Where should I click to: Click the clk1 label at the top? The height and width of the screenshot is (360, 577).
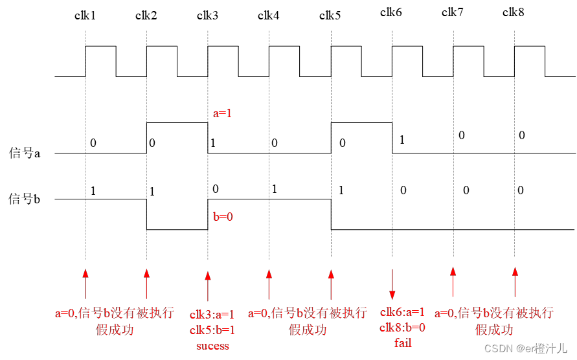[85, 16]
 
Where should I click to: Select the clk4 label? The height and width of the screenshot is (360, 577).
[269, 16]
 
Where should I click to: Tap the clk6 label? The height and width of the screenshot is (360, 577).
[391, 12]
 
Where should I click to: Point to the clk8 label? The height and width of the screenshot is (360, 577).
[514, 12]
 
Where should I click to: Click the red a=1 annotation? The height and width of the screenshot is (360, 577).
[223, 113]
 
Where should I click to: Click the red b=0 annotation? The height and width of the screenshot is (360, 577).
[223, 216]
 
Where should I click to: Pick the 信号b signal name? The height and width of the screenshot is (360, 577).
[25, 199]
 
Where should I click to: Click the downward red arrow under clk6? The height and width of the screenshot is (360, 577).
[392, 282]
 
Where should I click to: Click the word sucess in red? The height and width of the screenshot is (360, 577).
[212, 346]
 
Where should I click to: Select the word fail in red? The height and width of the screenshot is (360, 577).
[403, 343]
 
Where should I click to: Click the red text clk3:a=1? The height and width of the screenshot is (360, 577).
[212, 315]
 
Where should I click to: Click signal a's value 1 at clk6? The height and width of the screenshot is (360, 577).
[402, 139]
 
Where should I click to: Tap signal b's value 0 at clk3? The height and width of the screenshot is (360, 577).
[216, 188]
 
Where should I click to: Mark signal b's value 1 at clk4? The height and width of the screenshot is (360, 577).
[275, 188]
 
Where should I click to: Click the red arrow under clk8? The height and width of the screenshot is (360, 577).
[515, 281]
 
